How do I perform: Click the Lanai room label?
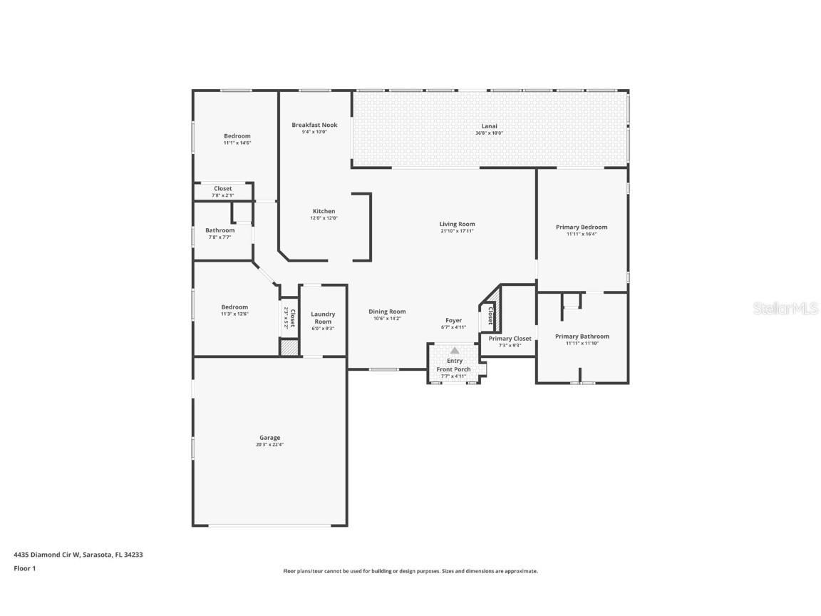tap(490, 125)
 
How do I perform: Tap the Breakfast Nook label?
tap(314, 125)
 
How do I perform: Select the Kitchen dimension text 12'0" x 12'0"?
tap(324, 218)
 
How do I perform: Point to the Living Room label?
tap(457, 224)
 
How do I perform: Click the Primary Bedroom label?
tap(582, 227)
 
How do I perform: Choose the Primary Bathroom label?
tap(582, 336)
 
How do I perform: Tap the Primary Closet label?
tap(510, 338)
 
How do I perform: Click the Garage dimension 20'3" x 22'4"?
tap(269, 445)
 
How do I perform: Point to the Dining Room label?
tap(387, 311)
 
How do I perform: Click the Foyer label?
tap(453, 320)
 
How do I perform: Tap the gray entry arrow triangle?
tap(454, 350)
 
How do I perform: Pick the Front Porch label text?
tap(453, 369)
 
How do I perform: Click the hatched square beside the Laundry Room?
tap(289, 348)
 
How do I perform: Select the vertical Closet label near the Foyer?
tap(490, 317)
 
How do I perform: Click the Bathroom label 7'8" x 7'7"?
tap(220, 230)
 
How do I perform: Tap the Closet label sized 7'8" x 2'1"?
tap(222, 189)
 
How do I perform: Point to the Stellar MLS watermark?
tap(778, 308)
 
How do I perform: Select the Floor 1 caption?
tap(24, 568)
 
